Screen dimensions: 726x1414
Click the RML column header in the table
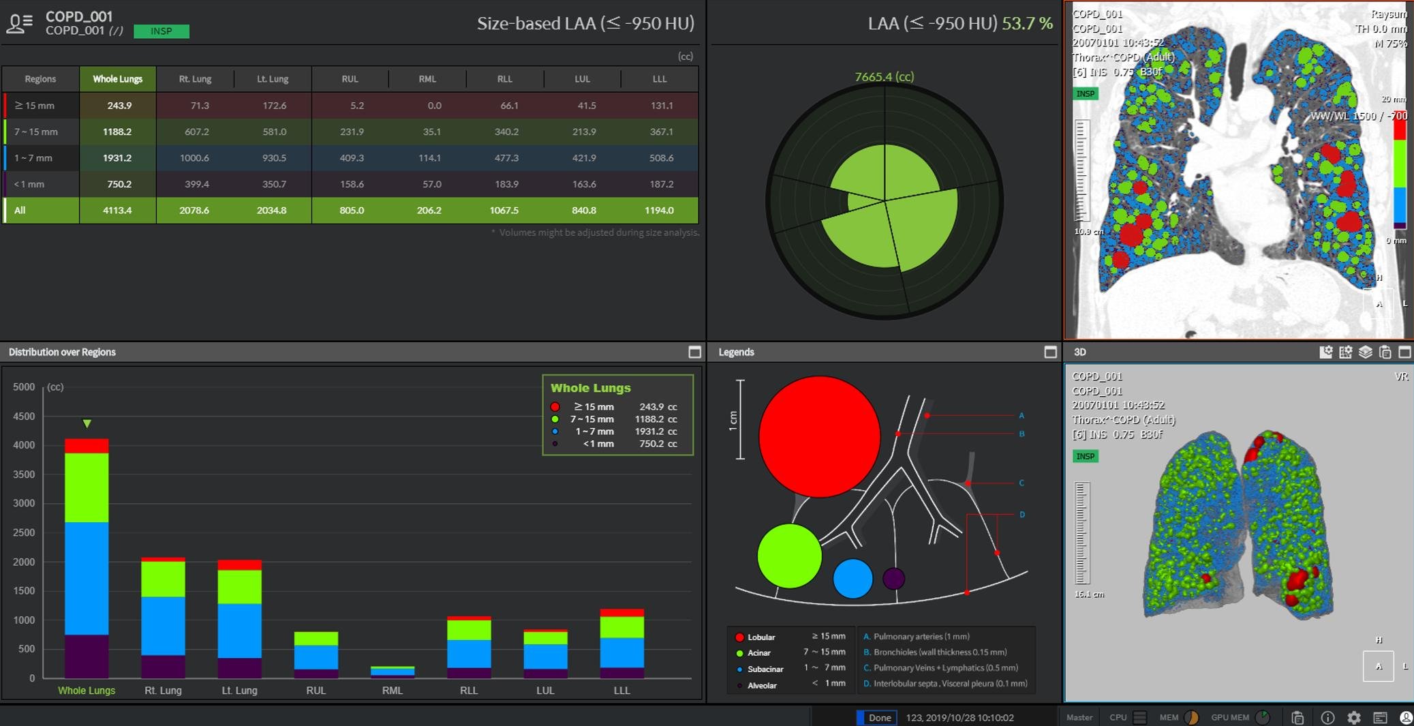point(427,79)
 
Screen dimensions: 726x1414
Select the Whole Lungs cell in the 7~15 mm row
point(117,132)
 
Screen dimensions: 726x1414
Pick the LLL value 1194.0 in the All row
point(659,210)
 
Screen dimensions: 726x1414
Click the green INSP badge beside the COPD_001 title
point(162,31)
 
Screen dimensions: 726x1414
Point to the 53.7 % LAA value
point(1027,23)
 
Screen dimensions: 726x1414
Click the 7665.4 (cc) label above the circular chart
point(884,77)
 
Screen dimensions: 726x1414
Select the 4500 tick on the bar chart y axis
point(24,416)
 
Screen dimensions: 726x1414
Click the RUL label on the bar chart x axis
point(316,690)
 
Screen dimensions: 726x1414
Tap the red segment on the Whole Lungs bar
point(87,446)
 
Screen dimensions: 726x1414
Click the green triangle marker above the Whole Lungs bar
point(87,423)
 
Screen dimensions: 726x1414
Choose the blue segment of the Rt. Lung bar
point(163,625)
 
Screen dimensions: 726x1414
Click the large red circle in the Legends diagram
point(818,436)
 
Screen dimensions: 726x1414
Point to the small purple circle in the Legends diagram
point(893,578)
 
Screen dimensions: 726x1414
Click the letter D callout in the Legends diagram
point(1021,515)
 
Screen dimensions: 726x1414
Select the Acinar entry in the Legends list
point(758,652)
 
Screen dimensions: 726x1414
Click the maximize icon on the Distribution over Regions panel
point(694,352)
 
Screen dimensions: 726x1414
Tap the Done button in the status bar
point(878,717)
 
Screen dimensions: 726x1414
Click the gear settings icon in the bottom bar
point(1353,717)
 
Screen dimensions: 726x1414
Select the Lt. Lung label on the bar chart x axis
point(239,690)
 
